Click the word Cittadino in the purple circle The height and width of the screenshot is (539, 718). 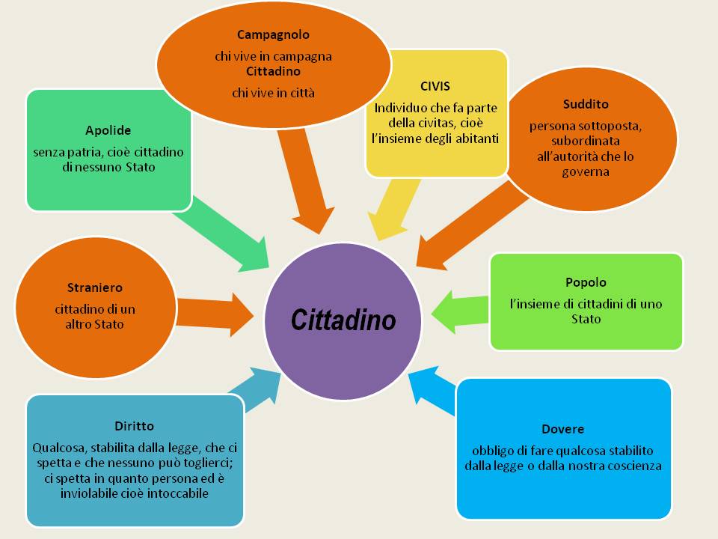click(343, 320)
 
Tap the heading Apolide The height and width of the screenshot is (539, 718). click(108, 131)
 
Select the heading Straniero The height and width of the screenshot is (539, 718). click(94, 287)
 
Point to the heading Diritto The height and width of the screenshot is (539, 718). click(135, 426)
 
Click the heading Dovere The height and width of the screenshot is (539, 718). click(562, 430)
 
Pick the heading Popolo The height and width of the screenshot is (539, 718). click(586, 283)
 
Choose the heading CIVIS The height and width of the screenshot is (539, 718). click(435, 86)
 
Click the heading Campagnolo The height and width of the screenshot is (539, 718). click(273, 34)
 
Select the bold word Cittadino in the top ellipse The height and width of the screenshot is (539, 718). click(273, 72)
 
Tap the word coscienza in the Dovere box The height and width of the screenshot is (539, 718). click(635, 466)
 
